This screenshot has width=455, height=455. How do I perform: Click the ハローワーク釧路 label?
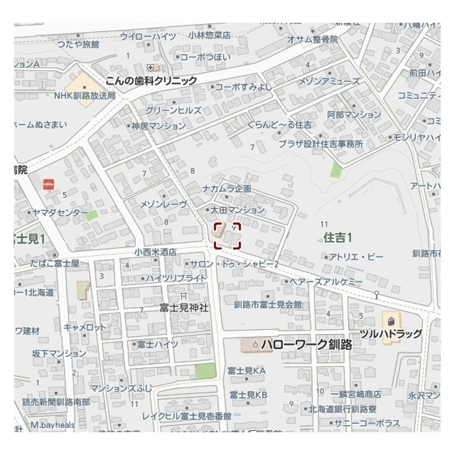click(306, 345)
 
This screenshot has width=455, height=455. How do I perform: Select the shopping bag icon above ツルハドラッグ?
click(390, 318)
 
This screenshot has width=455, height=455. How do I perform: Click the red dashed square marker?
click(227, 235)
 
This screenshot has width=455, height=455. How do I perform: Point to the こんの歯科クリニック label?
click(151, 81)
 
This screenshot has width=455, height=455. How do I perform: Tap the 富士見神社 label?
click(183, 308)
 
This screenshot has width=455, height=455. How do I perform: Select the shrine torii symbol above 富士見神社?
click(183, 296)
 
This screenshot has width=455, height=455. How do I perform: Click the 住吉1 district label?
click(338, 237)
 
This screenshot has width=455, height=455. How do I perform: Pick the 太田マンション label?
click(237, 210)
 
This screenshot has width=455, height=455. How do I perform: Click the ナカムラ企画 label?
click(227, 189)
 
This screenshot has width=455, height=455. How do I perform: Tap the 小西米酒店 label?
click(155, 252)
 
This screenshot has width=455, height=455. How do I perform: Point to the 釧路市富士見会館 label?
click(268, 304)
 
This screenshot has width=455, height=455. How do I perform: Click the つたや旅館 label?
click(78, 44)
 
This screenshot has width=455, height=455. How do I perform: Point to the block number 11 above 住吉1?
click(323, 223)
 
